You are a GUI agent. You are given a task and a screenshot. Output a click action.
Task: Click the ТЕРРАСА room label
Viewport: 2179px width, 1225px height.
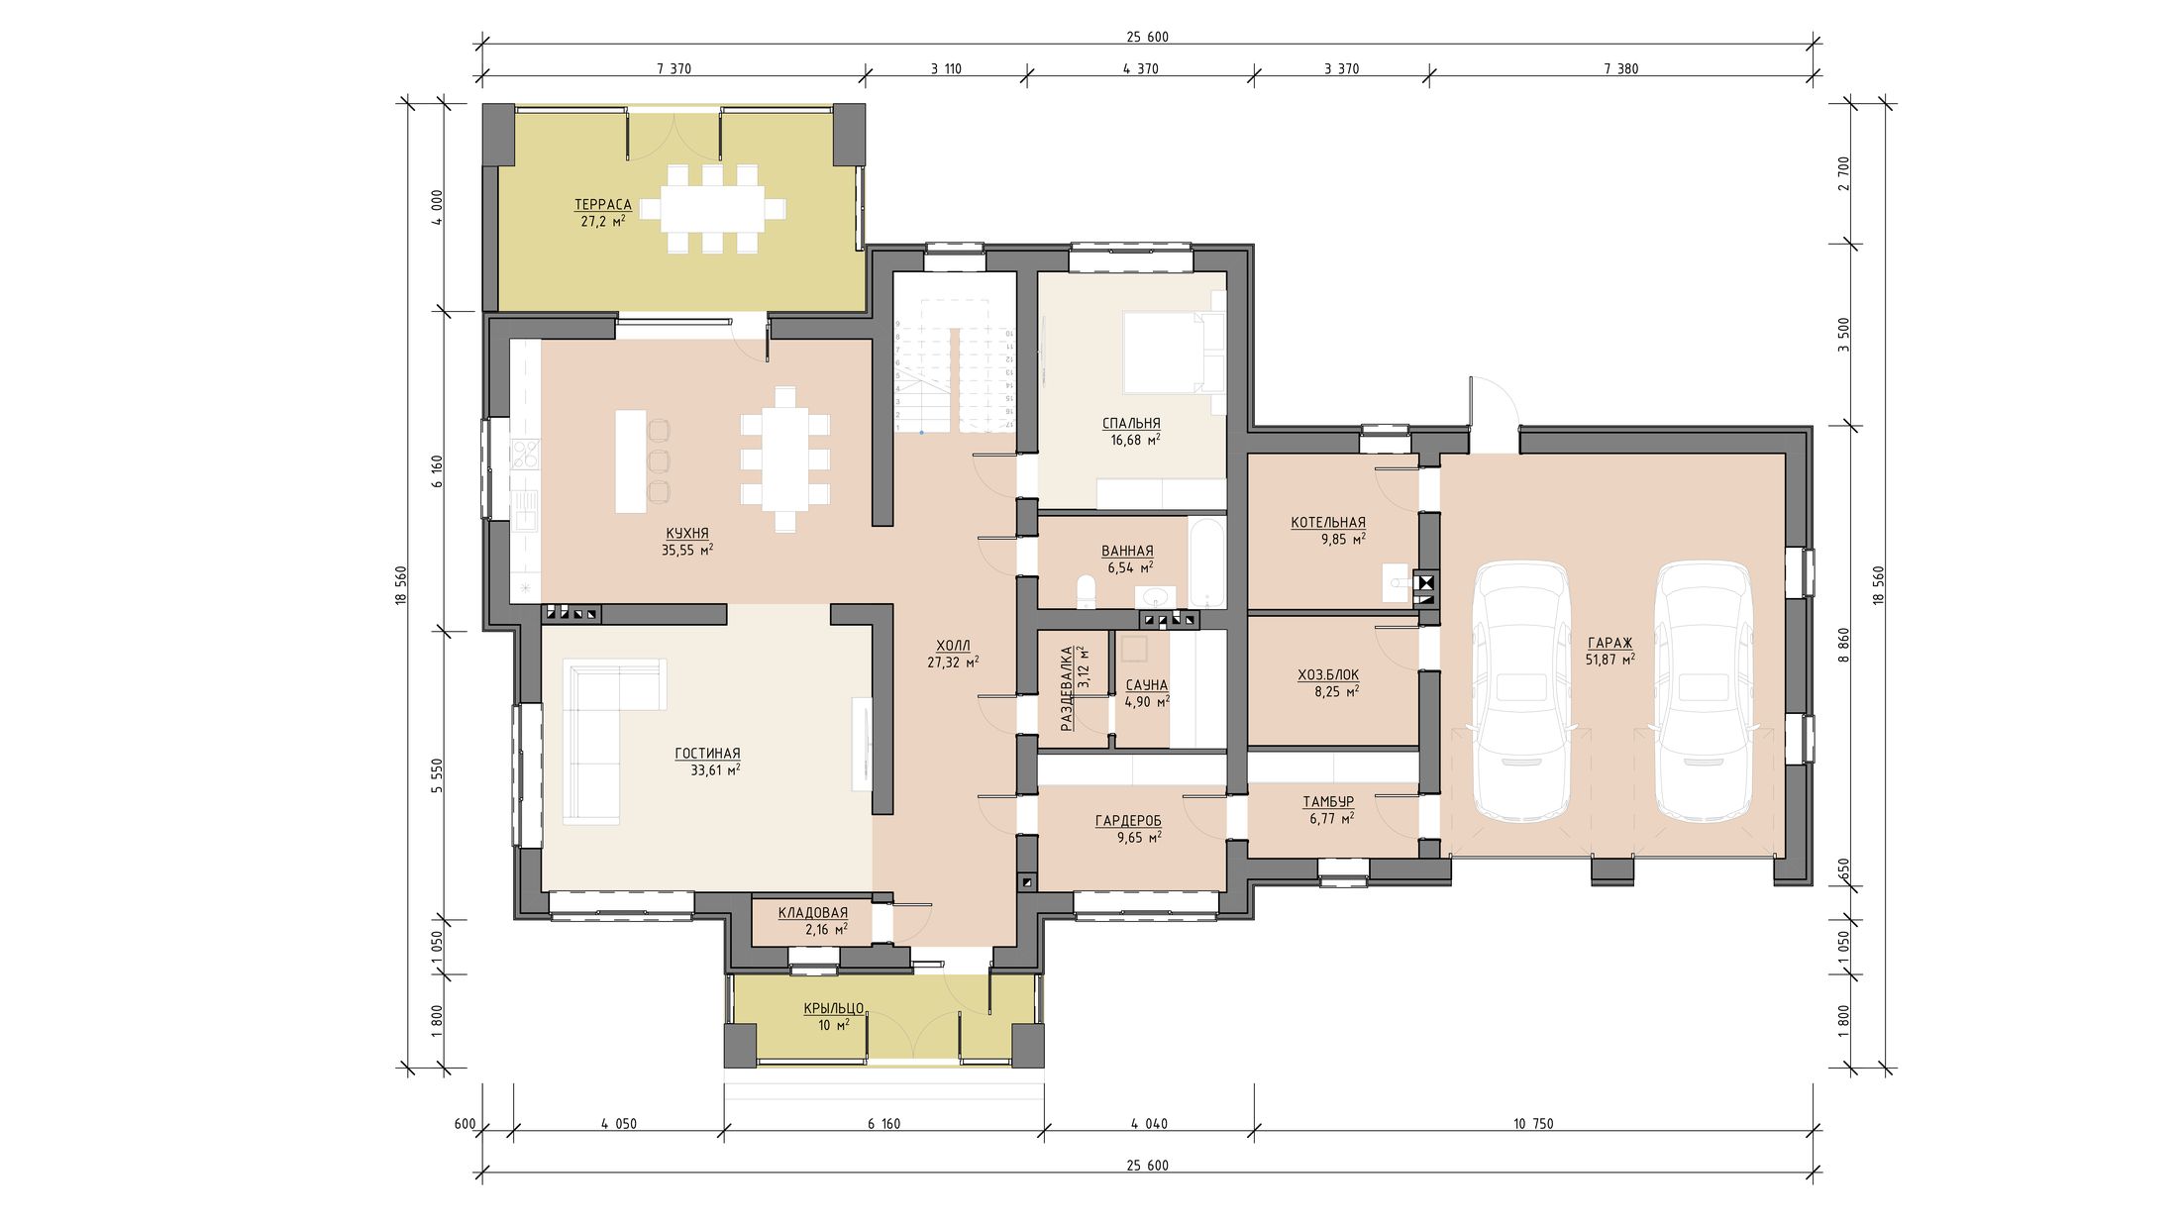coord(602,205)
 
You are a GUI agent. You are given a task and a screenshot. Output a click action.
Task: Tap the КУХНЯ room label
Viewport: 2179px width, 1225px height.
coord(687,533)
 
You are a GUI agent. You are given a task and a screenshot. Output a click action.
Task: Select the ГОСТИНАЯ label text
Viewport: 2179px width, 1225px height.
coord(707,754)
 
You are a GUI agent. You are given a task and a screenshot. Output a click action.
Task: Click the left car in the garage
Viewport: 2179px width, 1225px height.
coord(1522,690)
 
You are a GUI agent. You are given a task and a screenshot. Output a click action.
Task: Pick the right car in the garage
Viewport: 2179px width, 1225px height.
coord(1704,690)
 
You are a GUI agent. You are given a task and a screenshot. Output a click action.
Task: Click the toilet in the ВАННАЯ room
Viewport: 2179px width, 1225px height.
coord(1087,593)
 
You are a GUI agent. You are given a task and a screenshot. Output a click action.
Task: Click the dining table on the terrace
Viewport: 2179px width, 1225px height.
coord(712,209)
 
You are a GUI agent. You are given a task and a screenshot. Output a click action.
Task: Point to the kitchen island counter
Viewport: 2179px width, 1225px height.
coord(631,461)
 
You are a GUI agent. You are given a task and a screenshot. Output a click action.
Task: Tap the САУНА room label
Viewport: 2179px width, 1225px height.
coord(1147,684)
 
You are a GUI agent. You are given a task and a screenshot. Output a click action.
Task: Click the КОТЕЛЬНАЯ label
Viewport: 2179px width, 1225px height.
coord(1328,522)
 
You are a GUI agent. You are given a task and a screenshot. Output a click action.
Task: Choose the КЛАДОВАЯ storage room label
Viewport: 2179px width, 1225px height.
coord(812,912)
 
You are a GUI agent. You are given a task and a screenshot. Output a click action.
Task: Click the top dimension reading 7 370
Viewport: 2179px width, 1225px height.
coord(674,69)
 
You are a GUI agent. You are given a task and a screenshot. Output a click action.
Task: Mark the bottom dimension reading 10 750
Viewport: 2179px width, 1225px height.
coord(1533,1124)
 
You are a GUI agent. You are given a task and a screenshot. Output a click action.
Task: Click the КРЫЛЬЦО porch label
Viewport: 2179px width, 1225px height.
coord(834,1008)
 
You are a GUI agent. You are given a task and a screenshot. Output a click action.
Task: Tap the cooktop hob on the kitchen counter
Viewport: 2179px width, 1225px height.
coord(525,454)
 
